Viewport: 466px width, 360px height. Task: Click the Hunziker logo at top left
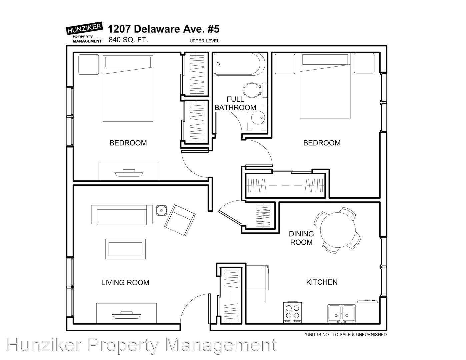pyautogui.click(x=84, y=32)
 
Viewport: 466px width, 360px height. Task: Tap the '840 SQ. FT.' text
pyautogui.click(x=128, y=40)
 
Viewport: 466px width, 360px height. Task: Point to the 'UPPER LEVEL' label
pyautogui.click(x=204, y=41)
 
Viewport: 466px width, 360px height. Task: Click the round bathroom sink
pyautogui.click(x=258, y=117)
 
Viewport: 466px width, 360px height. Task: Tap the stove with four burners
pyautogui.click(x=293, y=312)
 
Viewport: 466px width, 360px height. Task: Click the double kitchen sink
pyautogui.click(x=341, y=314)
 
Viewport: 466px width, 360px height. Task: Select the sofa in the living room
pyautogui.click(x=122, y=215)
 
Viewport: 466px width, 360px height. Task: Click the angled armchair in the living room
pyautogui.click(x=180, y=220)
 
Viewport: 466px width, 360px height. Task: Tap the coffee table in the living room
pyautogui.click(x=125, y=249)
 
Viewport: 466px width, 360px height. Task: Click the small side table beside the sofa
pyautogui.click(x=161, y=210)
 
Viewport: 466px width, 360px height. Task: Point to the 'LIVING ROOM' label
pyautogui.click(x=125, y=283)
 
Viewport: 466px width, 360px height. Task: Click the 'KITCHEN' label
pyautogui.click(x=322, y=282)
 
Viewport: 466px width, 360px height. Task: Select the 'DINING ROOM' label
pyautogui.click(x=301, y=238)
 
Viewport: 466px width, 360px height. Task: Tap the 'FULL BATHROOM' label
pyautogui.click(x=235, y=103)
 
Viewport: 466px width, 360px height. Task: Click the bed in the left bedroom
pyautogui.click(x=128, y=88)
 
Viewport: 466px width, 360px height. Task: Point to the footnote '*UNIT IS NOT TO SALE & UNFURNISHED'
pyautogui.click(x=345, y=334)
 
